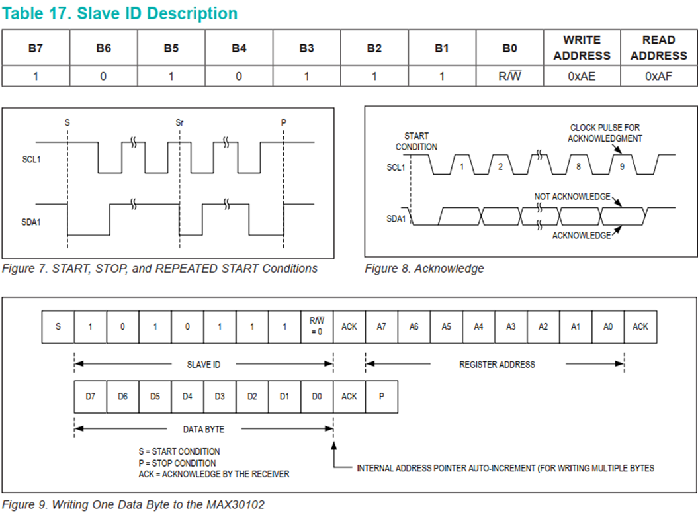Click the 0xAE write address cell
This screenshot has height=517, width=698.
pos(582,76)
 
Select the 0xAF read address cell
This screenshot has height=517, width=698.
pos(658,76)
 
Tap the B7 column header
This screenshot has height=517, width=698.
pos(36,48)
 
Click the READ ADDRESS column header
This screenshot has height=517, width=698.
pos(658,48)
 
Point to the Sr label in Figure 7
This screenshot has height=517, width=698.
pos(179,122)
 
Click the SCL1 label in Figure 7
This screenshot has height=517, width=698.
pos(31,160)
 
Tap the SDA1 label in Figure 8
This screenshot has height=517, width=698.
pos(396,218)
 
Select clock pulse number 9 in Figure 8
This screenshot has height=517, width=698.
pos(621,167)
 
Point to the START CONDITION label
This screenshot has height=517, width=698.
pos(417,141)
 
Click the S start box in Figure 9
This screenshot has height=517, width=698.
pos(58,326)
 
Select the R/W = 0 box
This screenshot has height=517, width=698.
pos(317,326)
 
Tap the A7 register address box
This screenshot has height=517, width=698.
pos(382,326)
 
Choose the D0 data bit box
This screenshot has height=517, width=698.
pos(317,396)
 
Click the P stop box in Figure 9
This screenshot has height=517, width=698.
pos(382,396)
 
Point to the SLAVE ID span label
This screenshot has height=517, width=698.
pos(204,364)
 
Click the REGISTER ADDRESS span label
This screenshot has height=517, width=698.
pos(497,364)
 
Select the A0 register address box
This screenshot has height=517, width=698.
pos(608,326)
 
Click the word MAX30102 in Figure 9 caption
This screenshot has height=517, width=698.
pos(238,505)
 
